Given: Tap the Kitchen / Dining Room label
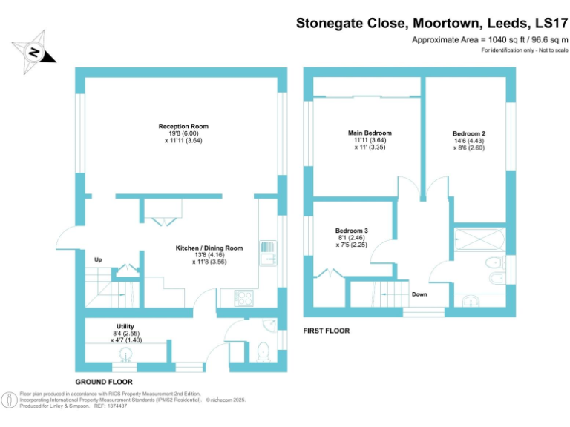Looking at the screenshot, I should coord(209,248).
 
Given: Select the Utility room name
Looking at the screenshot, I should coord(125,326).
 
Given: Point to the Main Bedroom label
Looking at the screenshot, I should coord(370,133).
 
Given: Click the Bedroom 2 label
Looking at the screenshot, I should coord(469,133).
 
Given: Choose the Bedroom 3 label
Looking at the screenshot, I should coord(352,231).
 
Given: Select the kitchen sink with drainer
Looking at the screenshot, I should coord(268,254).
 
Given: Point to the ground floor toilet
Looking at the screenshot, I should coord(263,351).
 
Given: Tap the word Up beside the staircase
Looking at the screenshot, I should coord(98,259).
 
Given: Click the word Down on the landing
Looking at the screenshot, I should coord(420,294).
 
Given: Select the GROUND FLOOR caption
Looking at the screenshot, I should coord(104,381).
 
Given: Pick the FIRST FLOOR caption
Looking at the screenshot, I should coord(327,331).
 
